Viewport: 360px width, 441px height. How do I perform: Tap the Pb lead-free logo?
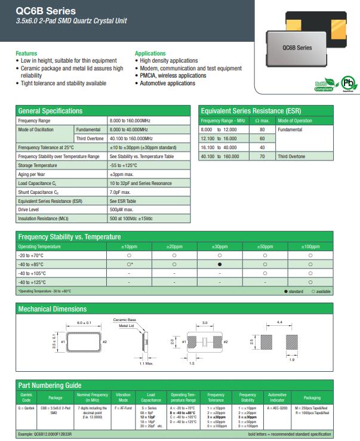point(346,84)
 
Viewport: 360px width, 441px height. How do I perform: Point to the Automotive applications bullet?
point(167,84)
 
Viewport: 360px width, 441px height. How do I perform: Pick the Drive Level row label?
point(30,210)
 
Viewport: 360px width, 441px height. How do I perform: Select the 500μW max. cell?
point(121,210)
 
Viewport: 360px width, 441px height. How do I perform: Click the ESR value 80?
point(261,129)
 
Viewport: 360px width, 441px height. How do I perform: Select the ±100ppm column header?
point(310,246)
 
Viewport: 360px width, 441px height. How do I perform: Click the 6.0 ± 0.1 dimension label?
point(83,322)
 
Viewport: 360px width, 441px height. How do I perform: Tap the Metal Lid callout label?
point(127,326)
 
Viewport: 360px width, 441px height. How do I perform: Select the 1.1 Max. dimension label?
point(146,363)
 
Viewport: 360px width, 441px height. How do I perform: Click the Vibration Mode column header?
point(123,397)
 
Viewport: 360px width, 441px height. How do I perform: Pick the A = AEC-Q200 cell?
point(277,408)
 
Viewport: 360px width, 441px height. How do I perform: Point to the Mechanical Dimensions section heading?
point(53,309)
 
